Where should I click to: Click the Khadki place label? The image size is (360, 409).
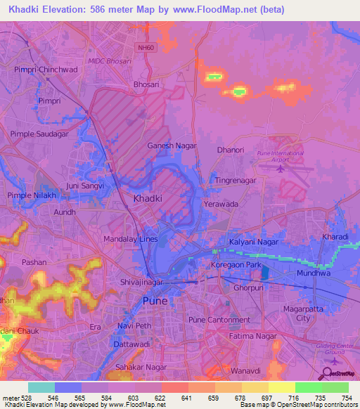pyautogui.click(x=148, y=199)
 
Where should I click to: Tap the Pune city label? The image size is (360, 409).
pyautogui.click(x=155, y=300)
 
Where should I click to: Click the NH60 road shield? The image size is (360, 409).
pyautogui.click(x=144, y=46)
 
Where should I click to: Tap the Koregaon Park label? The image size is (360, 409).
pyautogui.click(x=236, y=265)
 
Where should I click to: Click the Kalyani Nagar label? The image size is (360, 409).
pyautogui.click(x=250, y=242)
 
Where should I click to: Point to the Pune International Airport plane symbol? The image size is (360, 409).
pyautogui.click(x=281, y=167)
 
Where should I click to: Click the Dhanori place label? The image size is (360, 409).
pyautogui.click(x=231, y=150)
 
